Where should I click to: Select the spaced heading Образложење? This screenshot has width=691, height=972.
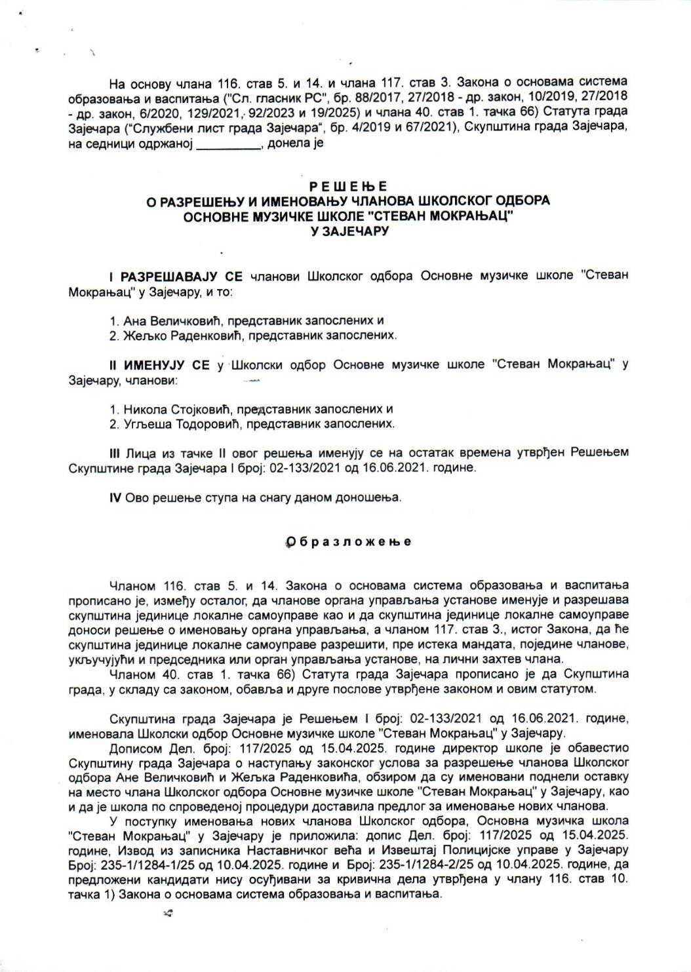click(x=348, y=541)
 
